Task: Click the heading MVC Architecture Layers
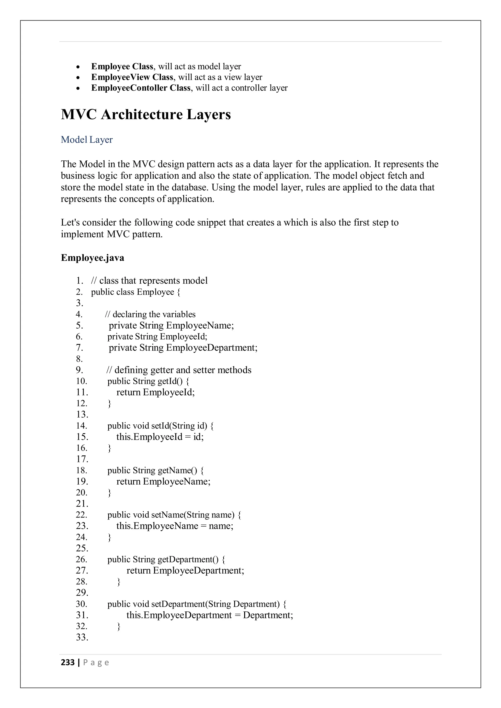coord(146,115)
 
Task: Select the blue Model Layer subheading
coord(87,140)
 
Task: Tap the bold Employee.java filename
coord(92,257)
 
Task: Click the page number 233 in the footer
coord(68,662)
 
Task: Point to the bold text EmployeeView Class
coord(132,77)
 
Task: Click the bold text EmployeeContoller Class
coord(141,88)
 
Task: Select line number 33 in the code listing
coord(82,637)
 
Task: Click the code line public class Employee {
coord(136,292)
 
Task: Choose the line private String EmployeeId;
coord(157,336)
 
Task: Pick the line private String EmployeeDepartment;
coord(183,348)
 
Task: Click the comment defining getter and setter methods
coord(179,370)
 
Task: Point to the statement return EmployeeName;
coord(163,481)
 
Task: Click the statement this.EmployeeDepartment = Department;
coord(209,615)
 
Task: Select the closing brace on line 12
coord(109,404)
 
